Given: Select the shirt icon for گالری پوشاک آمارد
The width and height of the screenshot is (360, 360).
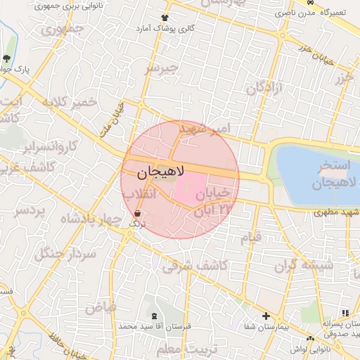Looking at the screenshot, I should (x=165, y=17).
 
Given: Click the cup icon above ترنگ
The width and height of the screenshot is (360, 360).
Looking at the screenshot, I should (x=136, y=212).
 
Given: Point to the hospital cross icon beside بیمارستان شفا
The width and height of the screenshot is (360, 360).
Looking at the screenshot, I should (x=266, y=316).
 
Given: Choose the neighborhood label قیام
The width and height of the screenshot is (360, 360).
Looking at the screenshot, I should (x=251, y=237).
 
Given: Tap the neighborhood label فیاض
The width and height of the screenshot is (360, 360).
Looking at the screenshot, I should (x=100, y=307).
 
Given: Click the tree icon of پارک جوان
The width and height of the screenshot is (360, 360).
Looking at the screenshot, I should (x=6, y=58).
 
